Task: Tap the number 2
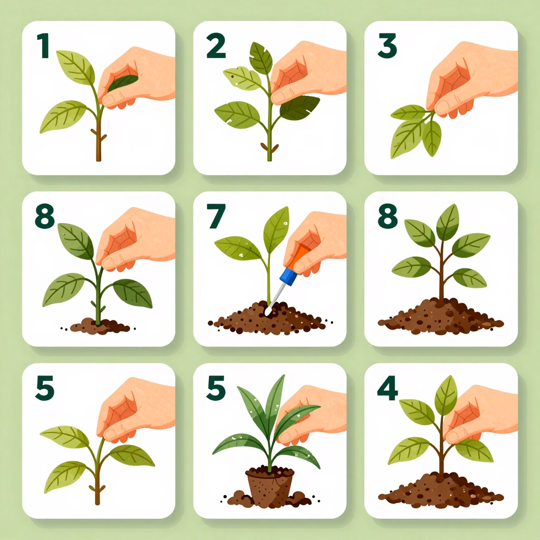[x=216, y=45]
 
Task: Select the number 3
[x=387, y=45]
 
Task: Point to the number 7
[x=216, y=216]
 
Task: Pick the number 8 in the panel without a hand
[x=388, y=216]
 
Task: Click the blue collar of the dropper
[x=288, y=276]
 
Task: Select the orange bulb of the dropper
[x=298, y=257]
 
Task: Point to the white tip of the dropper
[x=267, y=312]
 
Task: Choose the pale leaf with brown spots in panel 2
[x=242, y=78]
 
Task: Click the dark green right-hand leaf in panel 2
[x=299, y=108]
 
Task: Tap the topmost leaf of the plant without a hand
[x=447, y=223]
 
